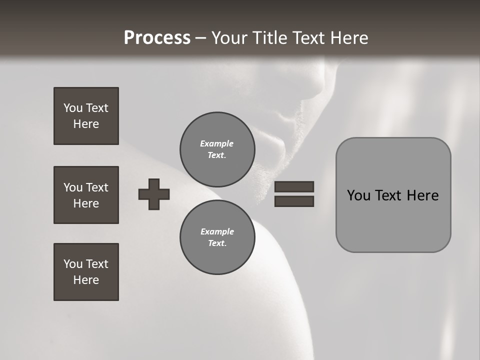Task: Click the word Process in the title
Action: click(157, 38)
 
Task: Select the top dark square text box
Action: click(86, 116)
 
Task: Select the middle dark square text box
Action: click(86, 195)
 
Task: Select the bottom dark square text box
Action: click(86, 272)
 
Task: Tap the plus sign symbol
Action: click(154, 194)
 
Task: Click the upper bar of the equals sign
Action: click(294, 186)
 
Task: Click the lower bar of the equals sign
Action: click(294, 201)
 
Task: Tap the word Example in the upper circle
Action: click(216, 143)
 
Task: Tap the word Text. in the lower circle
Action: click(217, 243)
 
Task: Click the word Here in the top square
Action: click(86, 124)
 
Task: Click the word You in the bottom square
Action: click(73, 264)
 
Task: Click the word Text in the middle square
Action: click(97, 187)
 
